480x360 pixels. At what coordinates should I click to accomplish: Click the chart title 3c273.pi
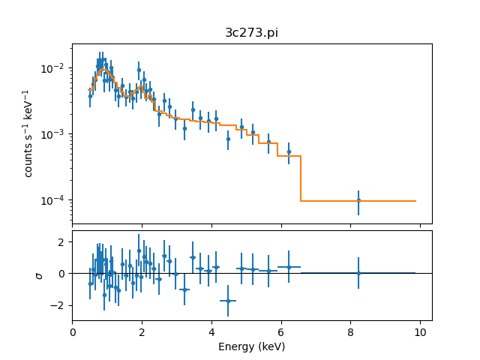pyautogui.click(x=251, y=33)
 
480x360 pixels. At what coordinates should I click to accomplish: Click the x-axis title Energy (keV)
pyautogui.click(x=251, y=346)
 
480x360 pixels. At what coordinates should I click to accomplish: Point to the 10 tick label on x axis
pyautogui.click(x=420, y=332)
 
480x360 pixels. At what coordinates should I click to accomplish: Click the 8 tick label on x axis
pyautogui.click(x=350, y=332)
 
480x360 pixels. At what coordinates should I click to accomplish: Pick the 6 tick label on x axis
pyautogui.click(x=281, y=332)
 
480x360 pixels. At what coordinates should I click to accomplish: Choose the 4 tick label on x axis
pyautogui.click(x=211, y=332)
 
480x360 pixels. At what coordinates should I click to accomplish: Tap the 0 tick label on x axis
pyautogui.click(x=73, y=332)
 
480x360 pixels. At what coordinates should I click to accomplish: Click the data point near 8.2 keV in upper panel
pyautogui.click(x=358, y=200)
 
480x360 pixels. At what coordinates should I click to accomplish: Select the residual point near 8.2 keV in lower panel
pyautogui.click(x=358, y=273)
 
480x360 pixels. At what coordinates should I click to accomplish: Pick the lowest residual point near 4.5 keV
pyautogui.click(x=228, y=301)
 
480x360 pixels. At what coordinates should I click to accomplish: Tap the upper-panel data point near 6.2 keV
pyautogui.click(x=289, y=151)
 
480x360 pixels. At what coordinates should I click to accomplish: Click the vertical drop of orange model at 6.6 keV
pyautogui.click(x=301, y=178)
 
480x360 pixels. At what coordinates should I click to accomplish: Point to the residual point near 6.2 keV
pyautogui.click(x=289, y=267)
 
